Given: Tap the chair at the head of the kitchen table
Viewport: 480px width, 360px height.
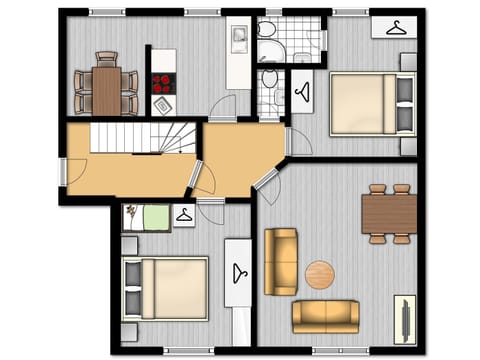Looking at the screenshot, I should click(x=107, y=58).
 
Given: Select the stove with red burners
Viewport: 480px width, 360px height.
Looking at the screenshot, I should click(x=163, y=83).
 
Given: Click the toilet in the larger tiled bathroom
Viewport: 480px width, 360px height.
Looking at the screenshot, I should click(x=268, y=28).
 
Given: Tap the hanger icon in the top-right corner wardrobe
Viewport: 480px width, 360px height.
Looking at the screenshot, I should click(x=394, y=27).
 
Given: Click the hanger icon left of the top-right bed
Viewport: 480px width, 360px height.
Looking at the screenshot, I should click(x=303, y=92).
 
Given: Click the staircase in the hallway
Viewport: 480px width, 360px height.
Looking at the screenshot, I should click(x=145, y=137).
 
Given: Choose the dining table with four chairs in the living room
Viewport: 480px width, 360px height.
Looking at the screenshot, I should click(x=389, y=212).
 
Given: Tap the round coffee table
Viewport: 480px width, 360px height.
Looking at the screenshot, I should click(x=320, y=274).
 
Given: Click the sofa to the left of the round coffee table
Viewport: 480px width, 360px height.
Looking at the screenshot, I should click(x=281, y=261).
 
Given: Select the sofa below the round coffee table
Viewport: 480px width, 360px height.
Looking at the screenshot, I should click(x=325, y=316).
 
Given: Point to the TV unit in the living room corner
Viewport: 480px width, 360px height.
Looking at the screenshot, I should click(x=406, y=319).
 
